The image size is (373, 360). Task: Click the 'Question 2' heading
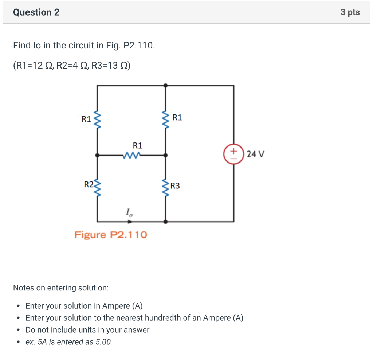[36, 12]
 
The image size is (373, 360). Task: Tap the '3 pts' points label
[350, 12]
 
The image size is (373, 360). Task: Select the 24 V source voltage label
[255, 154]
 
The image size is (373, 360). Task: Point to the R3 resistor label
[175, 186]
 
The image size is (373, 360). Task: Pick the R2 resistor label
[89, 184]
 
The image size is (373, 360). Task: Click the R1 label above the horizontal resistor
[138, 146]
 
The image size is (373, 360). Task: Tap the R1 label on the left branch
[86, 119]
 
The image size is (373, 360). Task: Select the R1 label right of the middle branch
[177, 117]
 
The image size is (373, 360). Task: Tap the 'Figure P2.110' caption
[111, 235]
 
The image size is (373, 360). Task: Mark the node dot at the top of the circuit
[166, 86]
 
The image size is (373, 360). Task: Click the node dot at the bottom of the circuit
[166, 221]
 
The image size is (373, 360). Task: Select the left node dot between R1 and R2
[97, 155]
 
